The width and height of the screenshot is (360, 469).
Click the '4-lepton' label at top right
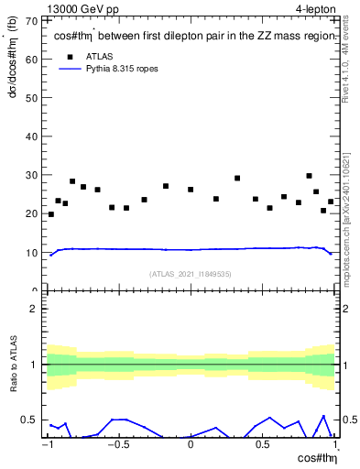[315, 7]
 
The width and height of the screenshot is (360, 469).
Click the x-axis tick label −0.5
[117, 446]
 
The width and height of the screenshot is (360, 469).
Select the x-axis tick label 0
[191, 446]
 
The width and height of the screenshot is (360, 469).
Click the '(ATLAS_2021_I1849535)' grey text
[191, 274]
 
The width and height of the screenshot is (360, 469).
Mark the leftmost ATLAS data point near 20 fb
[50, 214]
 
